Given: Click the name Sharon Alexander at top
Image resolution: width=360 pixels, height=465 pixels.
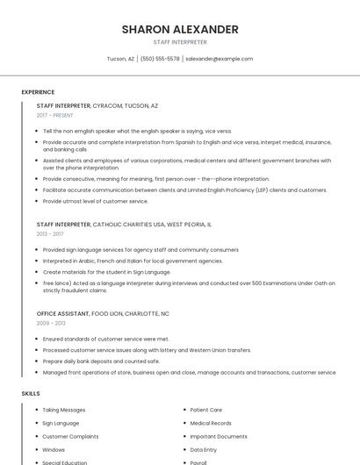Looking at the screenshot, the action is [x=180, y=29].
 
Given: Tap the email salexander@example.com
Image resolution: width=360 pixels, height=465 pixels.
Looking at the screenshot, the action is [x=220, y=59].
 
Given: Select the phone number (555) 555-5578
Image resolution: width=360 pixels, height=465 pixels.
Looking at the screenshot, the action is [x=160, y=59].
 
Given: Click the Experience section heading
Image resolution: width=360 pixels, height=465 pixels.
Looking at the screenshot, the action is [x=38, y=92].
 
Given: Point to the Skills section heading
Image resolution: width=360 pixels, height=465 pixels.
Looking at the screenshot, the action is [x=31, y=394].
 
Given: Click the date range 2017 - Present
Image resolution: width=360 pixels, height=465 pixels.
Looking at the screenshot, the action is [x=55, y=115].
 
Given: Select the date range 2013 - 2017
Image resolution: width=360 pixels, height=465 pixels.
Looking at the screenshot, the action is [x=50, y=234].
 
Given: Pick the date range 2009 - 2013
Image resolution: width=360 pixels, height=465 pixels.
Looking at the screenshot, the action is [x=51, y=324].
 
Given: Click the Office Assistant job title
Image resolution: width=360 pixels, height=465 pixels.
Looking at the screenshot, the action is [x=61, y=313].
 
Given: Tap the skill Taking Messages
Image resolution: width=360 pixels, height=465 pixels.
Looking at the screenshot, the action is [x=64, y=410].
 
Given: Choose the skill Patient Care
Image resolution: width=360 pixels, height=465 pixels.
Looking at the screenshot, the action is [x=206, y=410].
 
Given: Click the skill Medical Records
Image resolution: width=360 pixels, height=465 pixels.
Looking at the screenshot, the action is [x=211, y=423].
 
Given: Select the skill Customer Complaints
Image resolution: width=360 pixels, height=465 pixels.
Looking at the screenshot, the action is [x=71, y=436].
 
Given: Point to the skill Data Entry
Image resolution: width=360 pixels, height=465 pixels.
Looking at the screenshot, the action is [x=204, y=449].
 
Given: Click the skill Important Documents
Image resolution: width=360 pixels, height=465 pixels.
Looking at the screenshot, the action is [x=219, y=436].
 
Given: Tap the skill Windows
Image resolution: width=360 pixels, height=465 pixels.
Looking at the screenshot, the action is [x=54, y=449].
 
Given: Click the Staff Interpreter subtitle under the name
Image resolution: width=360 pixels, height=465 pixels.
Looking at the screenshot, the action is [x=180, y=42].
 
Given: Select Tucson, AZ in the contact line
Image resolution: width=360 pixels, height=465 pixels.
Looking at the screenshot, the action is [x=120, y=59].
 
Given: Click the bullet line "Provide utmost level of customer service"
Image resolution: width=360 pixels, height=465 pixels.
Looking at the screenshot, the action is [x=96, y=201].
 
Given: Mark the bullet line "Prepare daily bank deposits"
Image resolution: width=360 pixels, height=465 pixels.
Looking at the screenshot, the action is [x=101, y=361].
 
